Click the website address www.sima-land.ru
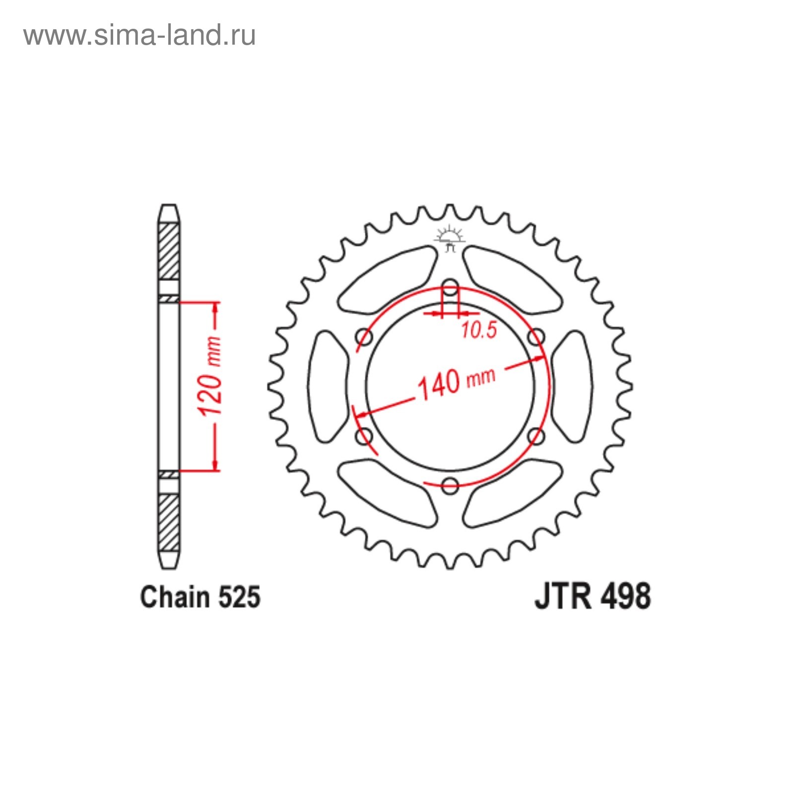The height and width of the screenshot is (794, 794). tap(139, 35)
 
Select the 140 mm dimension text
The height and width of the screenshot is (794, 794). tap(457, 383)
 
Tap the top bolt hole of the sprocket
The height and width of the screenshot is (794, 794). tap(450, 287)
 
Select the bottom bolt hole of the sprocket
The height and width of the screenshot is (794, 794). tap(450, 485)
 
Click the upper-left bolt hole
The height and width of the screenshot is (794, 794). tap(364, 337)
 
